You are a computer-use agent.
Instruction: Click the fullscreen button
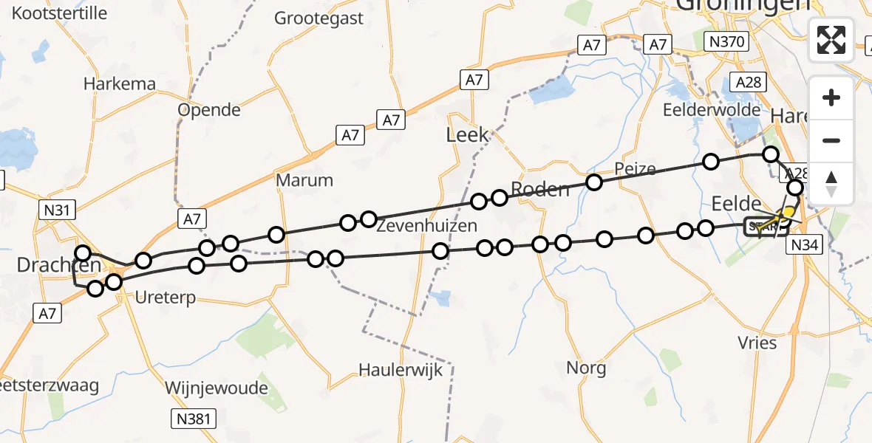(831, 40)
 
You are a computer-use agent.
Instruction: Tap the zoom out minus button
(831, 140)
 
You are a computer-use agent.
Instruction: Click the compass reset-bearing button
(831, 183)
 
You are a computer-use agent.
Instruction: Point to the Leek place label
(468, 134)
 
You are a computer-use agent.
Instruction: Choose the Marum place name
(304, 180)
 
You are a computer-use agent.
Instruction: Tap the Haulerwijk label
(401, 369)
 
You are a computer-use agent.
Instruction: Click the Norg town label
(586, 368)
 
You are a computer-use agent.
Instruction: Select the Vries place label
(757, 343)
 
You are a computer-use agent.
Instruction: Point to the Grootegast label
(319, 18)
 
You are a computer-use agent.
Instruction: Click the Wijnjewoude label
(217, 388)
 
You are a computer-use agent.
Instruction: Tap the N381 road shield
(194, 419)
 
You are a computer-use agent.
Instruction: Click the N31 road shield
(57, 211)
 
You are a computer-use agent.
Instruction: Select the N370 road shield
(725, 42)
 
